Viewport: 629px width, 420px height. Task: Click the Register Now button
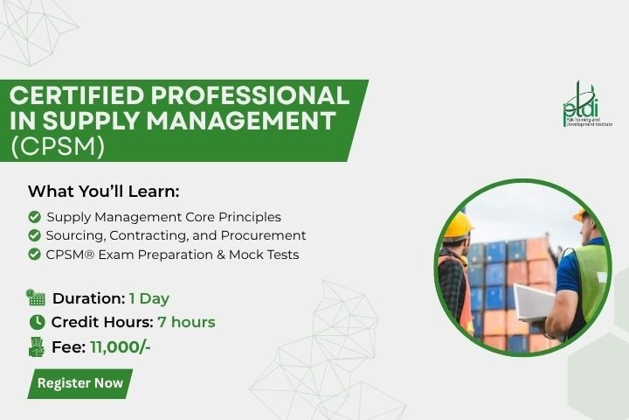(79, 383)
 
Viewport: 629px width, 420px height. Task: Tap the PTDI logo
(587, 104)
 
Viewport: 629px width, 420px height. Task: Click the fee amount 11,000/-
(121, 346)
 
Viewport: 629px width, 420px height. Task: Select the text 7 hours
(187, 322)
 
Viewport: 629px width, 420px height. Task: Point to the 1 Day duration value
(149, 298)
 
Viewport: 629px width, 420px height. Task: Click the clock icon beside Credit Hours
(38, 322)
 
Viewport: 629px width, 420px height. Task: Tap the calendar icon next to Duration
(36, 297)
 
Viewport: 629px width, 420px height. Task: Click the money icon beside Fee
(37, 346)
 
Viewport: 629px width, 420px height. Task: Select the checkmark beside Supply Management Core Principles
(34, 217)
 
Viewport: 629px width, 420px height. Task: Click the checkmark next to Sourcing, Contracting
(34, 235)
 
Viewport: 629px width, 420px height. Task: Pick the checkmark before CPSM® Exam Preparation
(34, 255)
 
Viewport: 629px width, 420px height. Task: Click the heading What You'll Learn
(103, 192)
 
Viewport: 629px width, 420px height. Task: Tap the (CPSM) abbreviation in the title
(58, 146)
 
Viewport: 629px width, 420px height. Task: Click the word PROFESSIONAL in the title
(251, 95)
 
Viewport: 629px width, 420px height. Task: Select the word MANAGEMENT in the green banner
(241, 121)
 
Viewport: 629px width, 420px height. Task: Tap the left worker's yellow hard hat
(458, 227)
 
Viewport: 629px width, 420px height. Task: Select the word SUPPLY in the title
(91, 121)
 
